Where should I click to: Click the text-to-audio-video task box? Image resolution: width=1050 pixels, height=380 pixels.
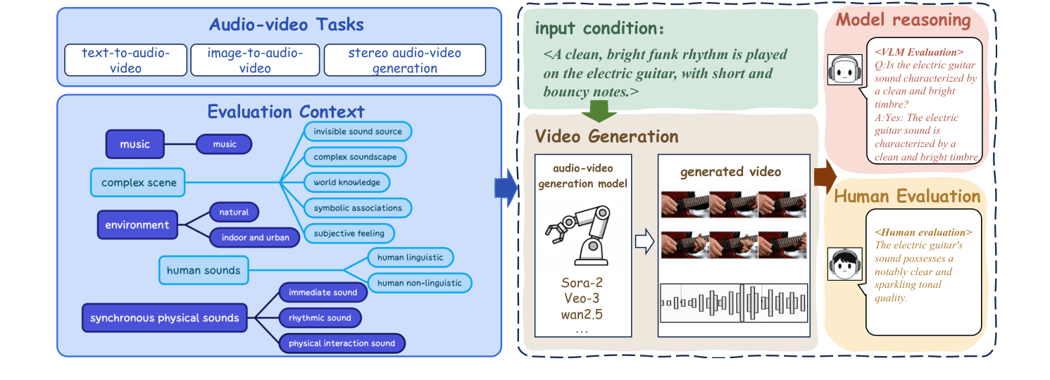click(125, 61)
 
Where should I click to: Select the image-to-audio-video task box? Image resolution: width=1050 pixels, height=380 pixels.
click(256, 61)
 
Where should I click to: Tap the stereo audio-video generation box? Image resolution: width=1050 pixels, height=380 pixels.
click(404, 61)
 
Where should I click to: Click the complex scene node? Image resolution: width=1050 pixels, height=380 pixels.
click(138, 183)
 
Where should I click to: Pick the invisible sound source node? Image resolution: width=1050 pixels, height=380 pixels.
click(358, 132)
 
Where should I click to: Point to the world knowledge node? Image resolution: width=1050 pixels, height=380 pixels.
click(347, 182)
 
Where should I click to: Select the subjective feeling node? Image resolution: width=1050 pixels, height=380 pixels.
click(349, 233)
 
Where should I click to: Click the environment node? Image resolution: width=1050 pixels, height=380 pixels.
click(137, 225)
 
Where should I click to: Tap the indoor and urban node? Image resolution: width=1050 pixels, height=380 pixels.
click(255, 237)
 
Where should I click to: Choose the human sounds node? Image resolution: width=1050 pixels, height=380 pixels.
click(204, 270)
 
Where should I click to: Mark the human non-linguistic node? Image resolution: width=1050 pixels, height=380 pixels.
click(420, 283)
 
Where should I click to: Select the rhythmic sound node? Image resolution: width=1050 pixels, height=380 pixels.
click(320, 318)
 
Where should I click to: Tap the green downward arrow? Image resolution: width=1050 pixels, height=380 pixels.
click(599, 110)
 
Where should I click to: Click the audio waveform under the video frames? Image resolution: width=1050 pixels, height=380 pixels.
click(732, 303)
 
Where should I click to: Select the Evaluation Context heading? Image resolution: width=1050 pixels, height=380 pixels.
click(286, 111)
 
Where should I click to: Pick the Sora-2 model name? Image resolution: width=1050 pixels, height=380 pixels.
click(582, 283)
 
